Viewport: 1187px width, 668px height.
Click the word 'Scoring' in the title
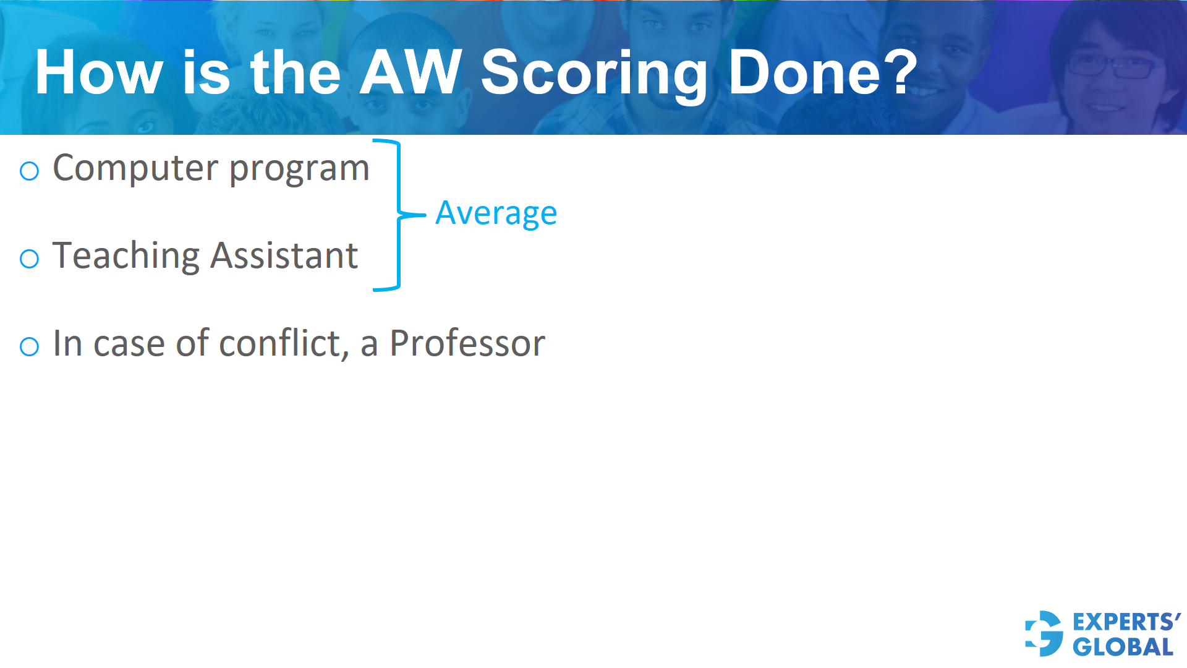pos(593,73)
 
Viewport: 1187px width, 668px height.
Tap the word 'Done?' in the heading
pos(823,73)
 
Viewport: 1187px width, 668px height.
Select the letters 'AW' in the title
pos(411,73)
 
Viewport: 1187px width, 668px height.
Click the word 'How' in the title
pos(99,73)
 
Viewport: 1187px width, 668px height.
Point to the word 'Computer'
pos(135,168)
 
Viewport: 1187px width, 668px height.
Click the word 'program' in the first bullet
pos(299,169)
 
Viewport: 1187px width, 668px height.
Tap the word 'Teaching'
pos(126,256)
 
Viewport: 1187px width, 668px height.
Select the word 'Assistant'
pos(284,256)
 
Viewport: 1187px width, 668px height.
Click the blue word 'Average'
pos(496,214)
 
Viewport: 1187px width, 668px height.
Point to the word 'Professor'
pos(467,344)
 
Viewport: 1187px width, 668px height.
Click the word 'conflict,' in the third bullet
pos(284,344)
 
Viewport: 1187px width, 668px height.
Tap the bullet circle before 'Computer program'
pos(30,171)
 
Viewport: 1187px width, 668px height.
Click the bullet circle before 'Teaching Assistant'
pos(30,259)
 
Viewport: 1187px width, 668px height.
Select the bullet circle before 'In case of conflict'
pos(30,346)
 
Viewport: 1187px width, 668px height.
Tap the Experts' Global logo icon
pos(1044,633)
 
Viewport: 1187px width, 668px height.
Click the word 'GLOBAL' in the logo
pos(1123,647)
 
